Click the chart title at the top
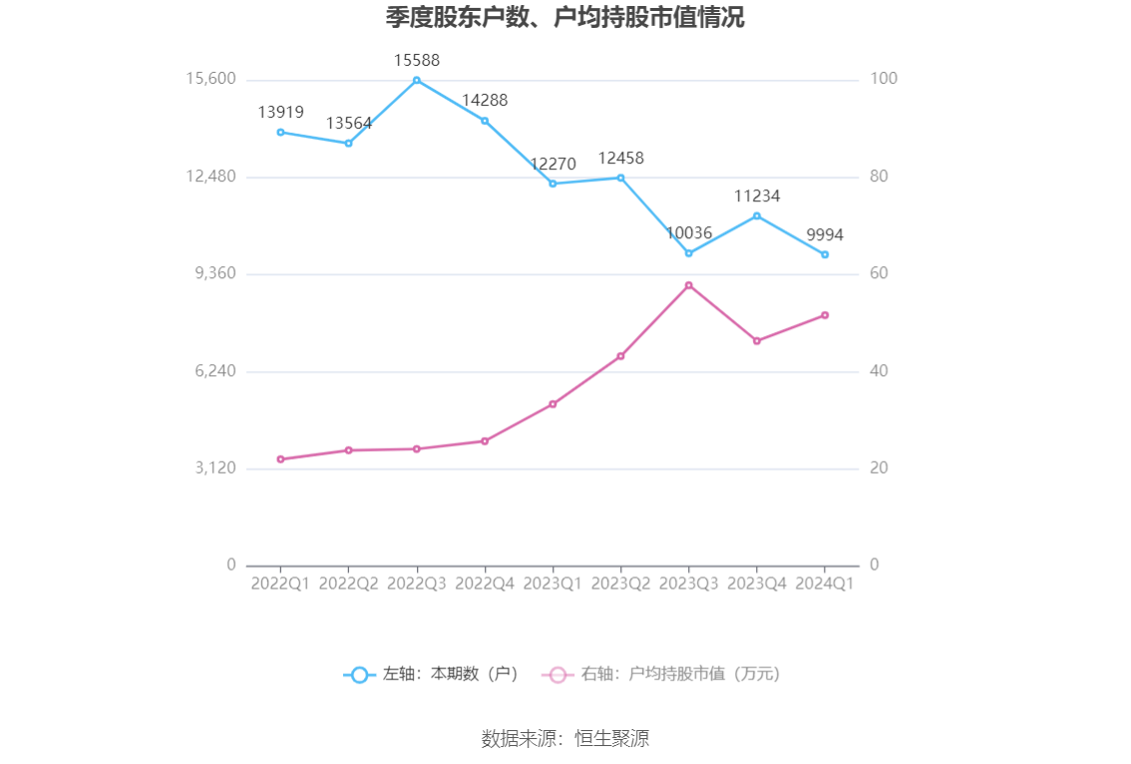tap(565, 18)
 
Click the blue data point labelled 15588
tap(417, 80)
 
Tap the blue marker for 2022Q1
tap(280, 132)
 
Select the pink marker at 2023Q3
tap(688, 285)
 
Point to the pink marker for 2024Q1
tap(825, 315)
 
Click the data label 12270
tap(553, 165)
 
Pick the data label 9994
tap(825, 235)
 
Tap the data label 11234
tap(757, 196)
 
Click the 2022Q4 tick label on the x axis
tap(485, 583)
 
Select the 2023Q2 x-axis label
tap(620, 583)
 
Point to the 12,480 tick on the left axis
tap(210, 177)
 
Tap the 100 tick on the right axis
tap(885, 79)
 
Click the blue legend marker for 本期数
tap(359, 674)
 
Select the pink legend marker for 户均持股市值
tap(558, 674)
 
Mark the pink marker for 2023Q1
tap(553, 404)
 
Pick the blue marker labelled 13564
tap(348, 143)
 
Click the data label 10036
tap(689, 233)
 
